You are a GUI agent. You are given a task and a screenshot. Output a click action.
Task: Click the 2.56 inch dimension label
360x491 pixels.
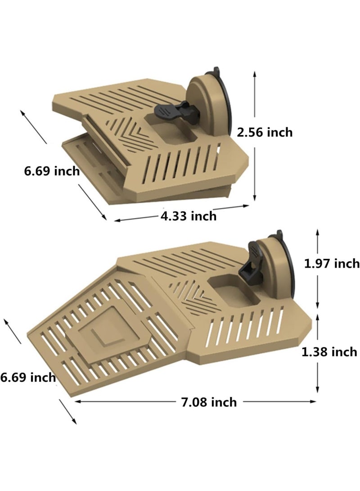click(x=265, y=132)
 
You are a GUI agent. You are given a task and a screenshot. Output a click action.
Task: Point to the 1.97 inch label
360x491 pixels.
click(x=332, y=263)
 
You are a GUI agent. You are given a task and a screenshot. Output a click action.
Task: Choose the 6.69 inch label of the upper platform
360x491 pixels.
click(x=52, y=171)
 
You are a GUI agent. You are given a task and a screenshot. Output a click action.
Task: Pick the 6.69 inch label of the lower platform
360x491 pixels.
click(x=28, y=377)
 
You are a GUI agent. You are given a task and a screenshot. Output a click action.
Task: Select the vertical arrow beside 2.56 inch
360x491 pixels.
click(x=255, y=135)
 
